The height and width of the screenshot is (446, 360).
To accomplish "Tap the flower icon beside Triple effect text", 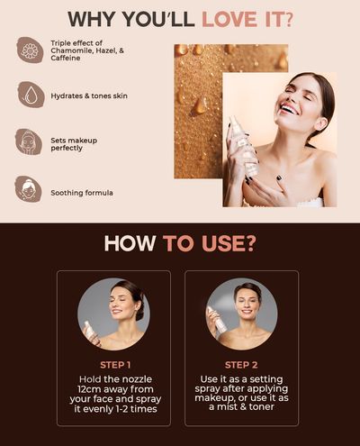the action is [30, 50].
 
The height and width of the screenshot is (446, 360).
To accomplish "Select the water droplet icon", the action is [31, 95].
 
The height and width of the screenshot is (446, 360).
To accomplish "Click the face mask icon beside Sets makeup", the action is [29, 141].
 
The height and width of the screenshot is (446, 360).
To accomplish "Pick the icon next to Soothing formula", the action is [28, 189].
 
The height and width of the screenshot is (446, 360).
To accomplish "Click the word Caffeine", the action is [66, 58].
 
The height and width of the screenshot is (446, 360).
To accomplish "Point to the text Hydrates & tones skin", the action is [89, 96].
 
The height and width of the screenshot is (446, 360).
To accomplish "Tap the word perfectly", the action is [67, 148].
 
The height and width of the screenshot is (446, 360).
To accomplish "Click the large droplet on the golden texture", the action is [199, 105].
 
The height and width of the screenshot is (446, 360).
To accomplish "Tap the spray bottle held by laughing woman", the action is [244, 145].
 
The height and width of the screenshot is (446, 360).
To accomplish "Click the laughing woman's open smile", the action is [291, 110].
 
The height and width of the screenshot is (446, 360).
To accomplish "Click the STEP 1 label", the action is [115, 365].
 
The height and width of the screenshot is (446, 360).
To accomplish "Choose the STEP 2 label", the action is [241, 365].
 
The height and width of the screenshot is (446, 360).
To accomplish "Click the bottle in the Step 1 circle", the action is [91, 332].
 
